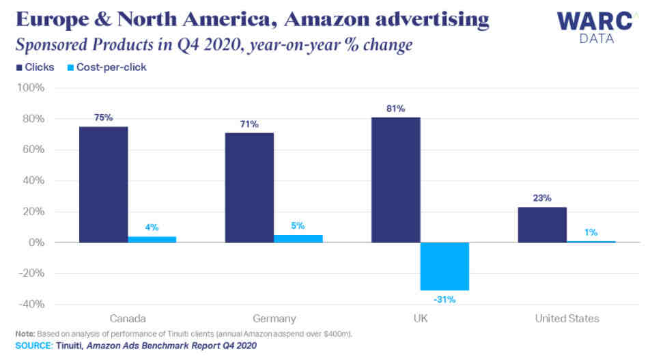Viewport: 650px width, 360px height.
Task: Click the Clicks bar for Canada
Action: (x=103, y=184)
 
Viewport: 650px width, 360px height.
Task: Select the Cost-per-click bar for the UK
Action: (x=444, y=266)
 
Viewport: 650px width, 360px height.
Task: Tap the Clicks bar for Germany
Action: (x=249, y=187)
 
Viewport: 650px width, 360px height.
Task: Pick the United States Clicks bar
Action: (x=542, y=225)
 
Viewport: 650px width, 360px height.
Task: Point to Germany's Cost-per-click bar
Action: (x=298, y=239)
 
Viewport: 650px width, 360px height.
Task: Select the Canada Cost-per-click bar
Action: (x=152, y=240)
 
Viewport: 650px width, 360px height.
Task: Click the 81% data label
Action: (x=395, y=109)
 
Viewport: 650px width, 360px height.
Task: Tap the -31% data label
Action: (x=444, y=299)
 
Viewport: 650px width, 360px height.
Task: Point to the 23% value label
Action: (x=542, y=198)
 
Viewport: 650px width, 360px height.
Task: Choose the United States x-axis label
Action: (x=567, y=318)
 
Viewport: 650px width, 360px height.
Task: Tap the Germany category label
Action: (x=274, y=318)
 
